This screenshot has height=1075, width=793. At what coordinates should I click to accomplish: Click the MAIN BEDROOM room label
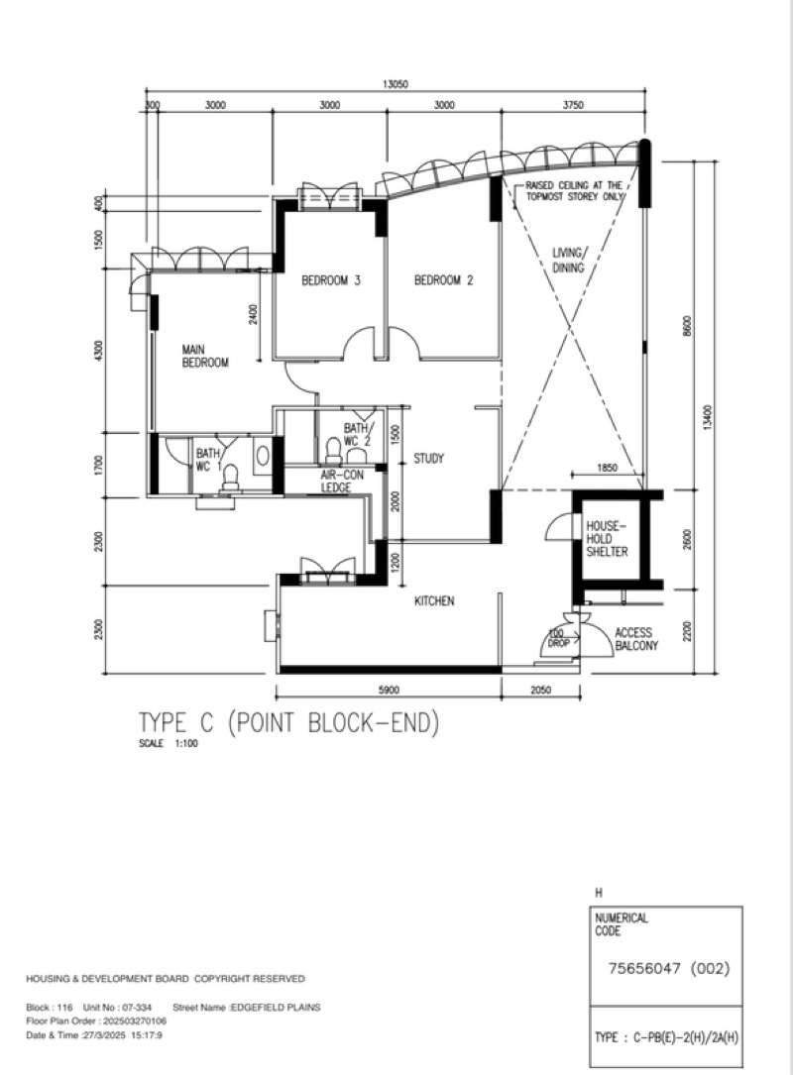(204, 356)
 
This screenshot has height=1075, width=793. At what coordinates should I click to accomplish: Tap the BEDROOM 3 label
(330, 280)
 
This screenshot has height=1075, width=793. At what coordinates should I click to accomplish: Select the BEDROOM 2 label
(443, 280)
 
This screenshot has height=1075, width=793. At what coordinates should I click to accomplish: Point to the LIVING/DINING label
(569, 260)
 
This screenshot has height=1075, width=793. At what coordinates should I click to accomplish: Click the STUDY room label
(428, 459)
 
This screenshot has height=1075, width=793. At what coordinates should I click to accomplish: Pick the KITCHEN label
(434, 600)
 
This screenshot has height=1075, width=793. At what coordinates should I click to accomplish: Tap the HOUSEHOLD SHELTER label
(606, 536)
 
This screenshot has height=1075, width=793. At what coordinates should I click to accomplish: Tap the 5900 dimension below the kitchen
(389, 691)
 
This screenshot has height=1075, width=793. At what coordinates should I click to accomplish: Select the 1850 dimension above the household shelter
(609, 467)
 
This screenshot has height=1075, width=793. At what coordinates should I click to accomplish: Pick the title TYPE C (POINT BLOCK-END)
(287, 724)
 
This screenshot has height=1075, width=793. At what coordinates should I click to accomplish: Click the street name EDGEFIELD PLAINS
(276, 1008)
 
